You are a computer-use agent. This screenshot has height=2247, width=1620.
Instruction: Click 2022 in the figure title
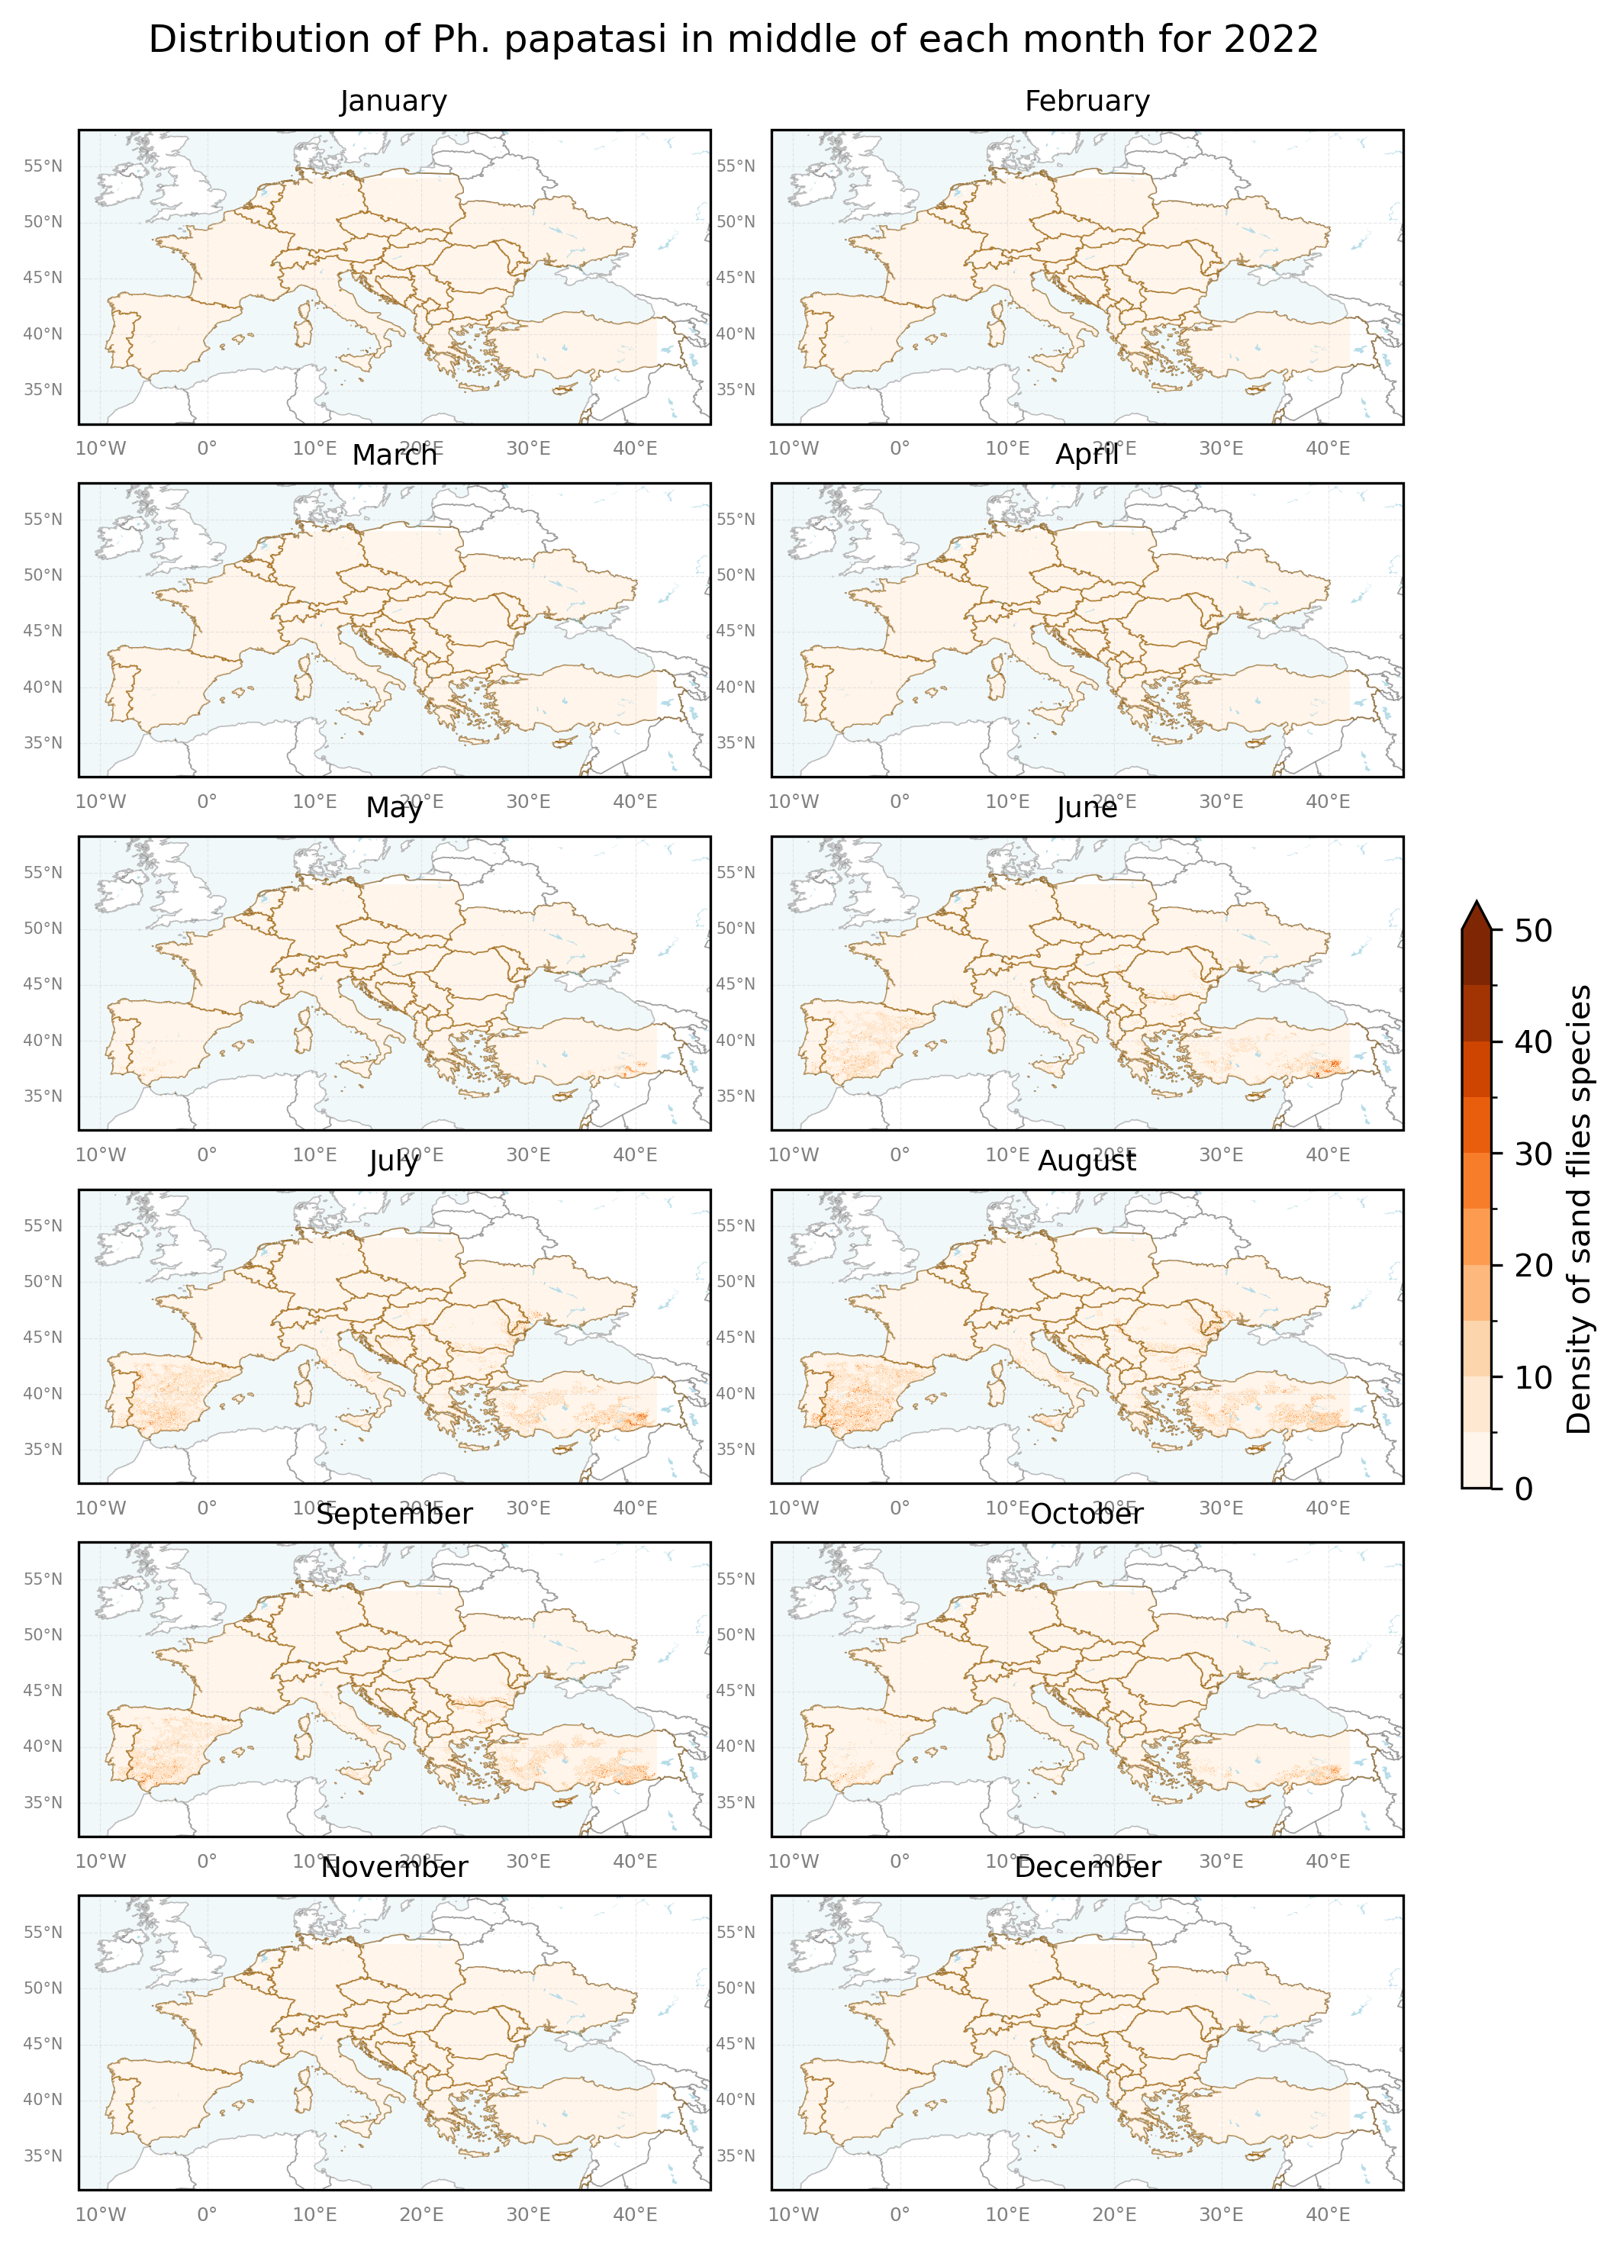[1271, 40]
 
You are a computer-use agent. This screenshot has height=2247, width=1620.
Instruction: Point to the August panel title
[1087, 1161]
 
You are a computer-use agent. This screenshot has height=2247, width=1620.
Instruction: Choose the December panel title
[1087, 1868]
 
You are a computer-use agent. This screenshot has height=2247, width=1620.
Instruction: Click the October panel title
[1087, 1515]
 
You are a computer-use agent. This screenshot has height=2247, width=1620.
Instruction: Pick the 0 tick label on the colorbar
[1524, 1489]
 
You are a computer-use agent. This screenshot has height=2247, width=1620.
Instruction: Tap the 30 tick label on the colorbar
[1533, 1154]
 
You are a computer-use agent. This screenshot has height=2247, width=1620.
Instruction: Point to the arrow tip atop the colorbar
[1477, 906]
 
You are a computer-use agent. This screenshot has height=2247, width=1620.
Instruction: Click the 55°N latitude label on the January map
[43, 166]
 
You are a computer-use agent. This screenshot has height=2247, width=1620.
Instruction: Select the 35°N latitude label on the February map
[736, 389]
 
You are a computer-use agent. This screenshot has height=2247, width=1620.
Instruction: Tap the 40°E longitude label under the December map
[1328, 2215]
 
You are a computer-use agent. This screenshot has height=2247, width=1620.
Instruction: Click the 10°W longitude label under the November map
[100, 2215]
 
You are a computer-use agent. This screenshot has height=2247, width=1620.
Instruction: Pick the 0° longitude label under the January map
[206, 449]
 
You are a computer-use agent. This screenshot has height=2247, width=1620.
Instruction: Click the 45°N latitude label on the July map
[43, 1338]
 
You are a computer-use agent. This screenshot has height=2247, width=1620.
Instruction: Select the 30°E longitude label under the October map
[1221, 1862]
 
